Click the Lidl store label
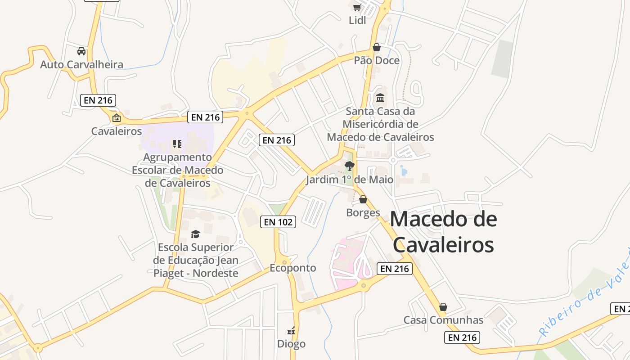(357, 20)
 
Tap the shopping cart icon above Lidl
(357, 7)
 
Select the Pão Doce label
(377, 60)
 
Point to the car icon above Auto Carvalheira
(81, 51)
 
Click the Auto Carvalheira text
(81, 64)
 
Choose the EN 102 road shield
(278, 221)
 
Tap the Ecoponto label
(293, 268)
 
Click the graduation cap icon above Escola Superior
(195, 234)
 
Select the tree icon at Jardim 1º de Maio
(349, 166)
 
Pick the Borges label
(363, 212)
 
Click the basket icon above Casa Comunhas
(443, 307)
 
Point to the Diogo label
(291, 344)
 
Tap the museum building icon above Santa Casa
(380, 98)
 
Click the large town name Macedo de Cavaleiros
(443, 232)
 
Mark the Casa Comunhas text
(443, 320)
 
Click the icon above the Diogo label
(291, 331)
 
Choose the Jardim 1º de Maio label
(350, 180)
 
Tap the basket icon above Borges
(363, 199)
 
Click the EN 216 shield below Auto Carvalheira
(98, 100)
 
